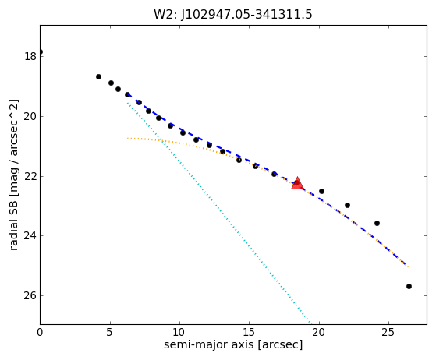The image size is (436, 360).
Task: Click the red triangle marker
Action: click(297, 183)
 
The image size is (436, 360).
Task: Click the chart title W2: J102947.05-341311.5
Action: click(233, 15)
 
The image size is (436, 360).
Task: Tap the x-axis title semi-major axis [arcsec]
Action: click(233, 344)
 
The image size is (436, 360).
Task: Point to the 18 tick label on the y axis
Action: click(30, 56)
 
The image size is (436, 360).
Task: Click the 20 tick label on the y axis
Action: click(30, 116)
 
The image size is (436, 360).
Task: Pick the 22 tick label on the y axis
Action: click(30, 176)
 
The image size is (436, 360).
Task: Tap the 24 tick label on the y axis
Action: click(30, 235)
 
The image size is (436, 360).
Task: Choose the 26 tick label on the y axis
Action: click(30, 295)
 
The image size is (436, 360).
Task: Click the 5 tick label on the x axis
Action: click(110, 332)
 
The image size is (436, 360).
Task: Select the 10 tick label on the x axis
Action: click(179, 332)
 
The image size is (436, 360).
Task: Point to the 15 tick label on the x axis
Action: click(249, 332)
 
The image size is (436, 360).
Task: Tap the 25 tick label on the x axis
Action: click(388, 332)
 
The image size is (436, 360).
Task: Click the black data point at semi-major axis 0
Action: click(41, 52)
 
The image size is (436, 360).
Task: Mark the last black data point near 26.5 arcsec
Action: click(409, 287)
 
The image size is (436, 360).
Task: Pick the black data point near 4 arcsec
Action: click(98, 76)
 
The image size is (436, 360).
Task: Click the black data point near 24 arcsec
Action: click(377, 224)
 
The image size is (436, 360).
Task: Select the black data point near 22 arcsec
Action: click(347, 205)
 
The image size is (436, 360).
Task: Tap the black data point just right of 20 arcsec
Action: click(321, 192)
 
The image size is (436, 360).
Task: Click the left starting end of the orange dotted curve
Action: click(127, 139)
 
